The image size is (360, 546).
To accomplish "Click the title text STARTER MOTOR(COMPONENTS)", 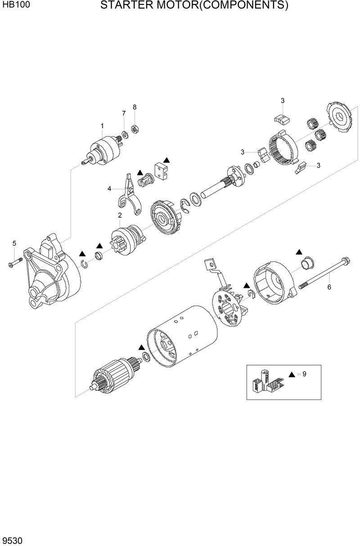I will [194, 6].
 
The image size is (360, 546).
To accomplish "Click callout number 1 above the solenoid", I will [102, 125].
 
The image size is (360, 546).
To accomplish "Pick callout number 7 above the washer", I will [124, 113].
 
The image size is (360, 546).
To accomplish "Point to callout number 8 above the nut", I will [134, 107].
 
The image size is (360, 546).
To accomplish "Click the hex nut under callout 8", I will [134, 130].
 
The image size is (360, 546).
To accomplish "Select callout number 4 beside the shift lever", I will [109, 189].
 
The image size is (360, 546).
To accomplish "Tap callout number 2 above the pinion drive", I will [120, 215].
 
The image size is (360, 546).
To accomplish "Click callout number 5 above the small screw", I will [14, 243].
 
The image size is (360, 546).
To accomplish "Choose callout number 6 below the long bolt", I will [329, 287].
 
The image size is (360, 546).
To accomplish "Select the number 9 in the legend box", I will [304, 374].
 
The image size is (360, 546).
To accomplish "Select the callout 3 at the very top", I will [283, 100].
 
